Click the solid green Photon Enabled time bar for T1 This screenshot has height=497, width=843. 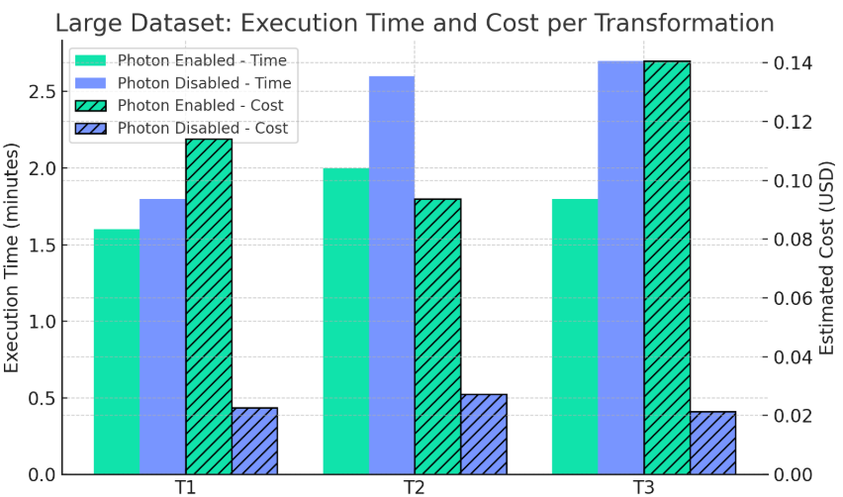point(117,351)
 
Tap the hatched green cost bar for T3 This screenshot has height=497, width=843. point(668,267)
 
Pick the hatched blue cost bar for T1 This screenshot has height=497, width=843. point(254,441)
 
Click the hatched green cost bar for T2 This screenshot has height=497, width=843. point(437,337)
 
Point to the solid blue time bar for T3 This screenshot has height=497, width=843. point(621,267)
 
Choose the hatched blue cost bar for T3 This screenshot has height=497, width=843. point(713,443)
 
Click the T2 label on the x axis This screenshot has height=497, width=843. point(415,487)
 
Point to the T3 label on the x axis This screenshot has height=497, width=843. point(645,487)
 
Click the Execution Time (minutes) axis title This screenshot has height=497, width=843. point(13,258)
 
